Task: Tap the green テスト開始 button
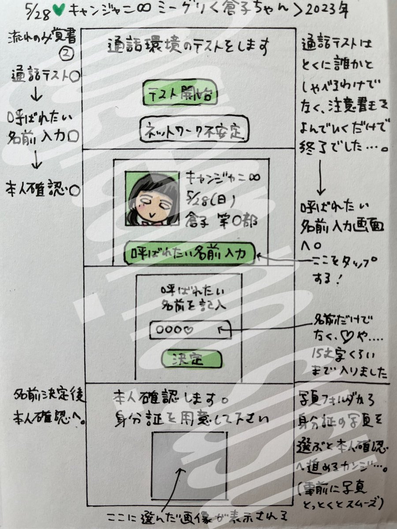pyautogui.click(x=181, y=94)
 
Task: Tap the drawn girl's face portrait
pyautogui.click(x=152, y=198)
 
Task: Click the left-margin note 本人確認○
pyautogui.click(x=42, y=190)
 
